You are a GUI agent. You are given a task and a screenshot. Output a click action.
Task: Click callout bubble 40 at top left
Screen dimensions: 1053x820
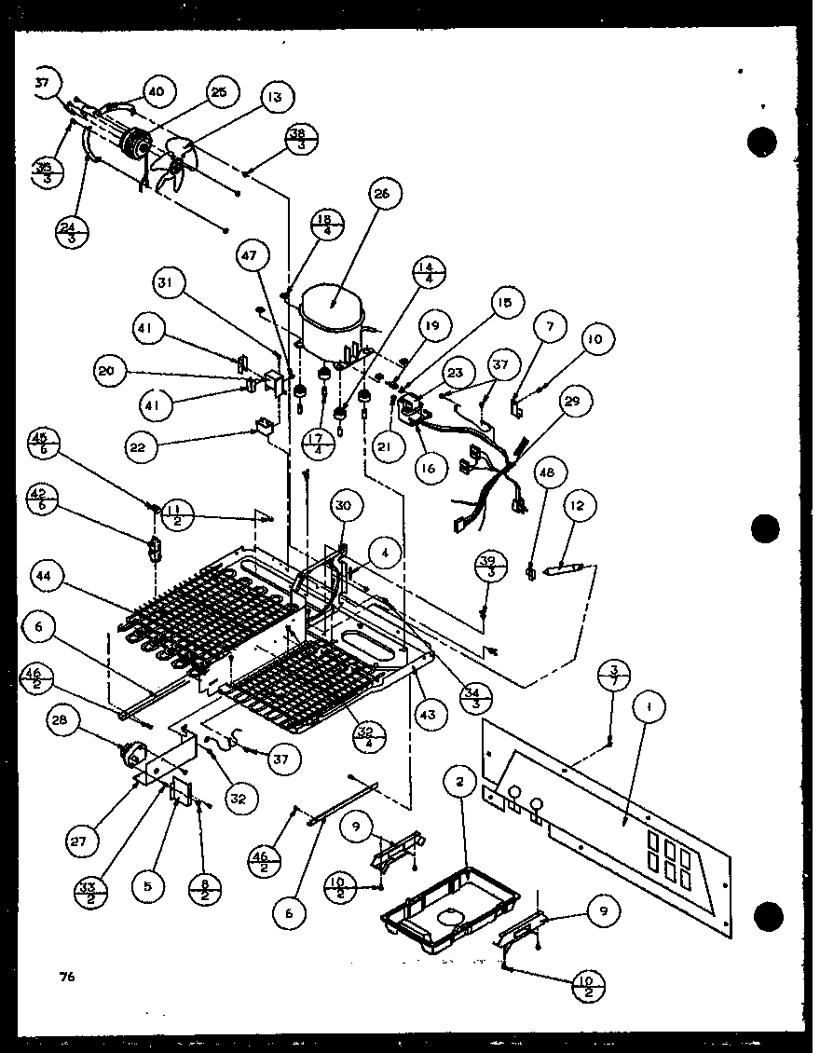tap(155, 91)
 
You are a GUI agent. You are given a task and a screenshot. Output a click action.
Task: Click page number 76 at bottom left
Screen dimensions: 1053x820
tap(65, 978)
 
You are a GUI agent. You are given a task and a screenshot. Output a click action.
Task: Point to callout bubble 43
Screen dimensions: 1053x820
tap(432, 714)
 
